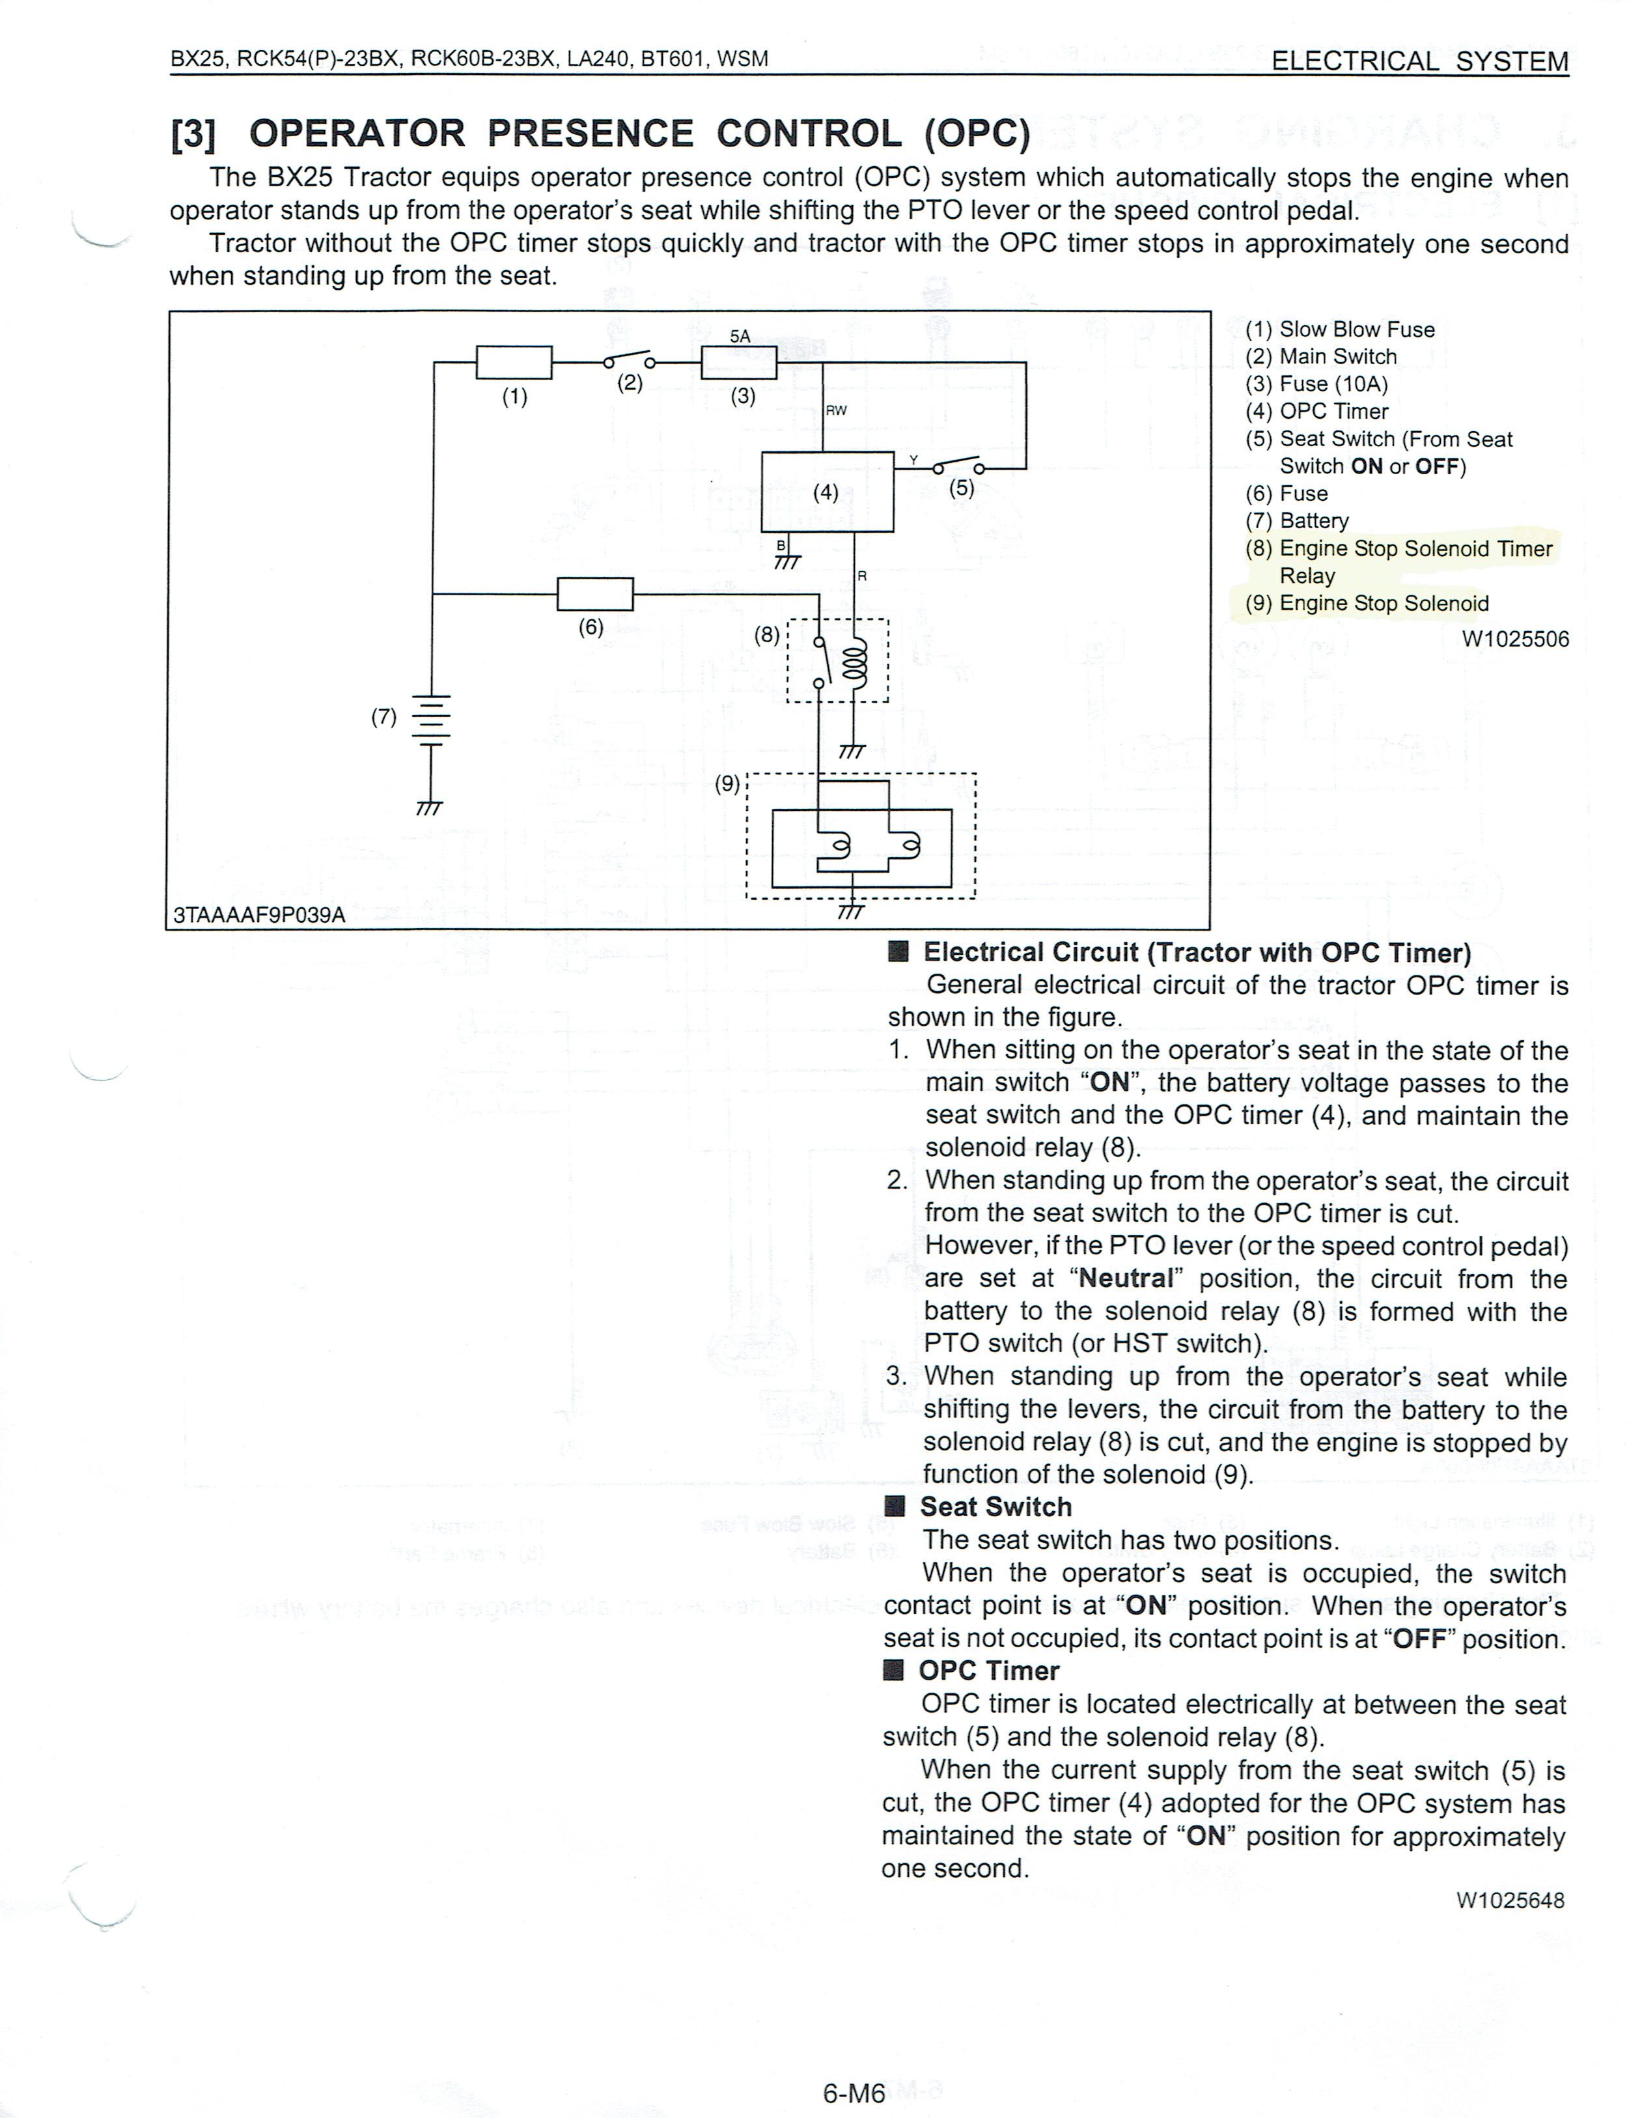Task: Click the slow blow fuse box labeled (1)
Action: point(514,363)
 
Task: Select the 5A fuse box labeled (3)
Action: point(739,363)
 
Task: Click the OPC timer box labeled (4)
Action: point(827,492)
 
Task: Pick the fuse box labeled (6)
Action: point(595,593)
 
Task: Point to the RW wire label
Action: point(836,410)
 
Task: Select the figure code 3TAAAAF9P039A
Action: point(259,914)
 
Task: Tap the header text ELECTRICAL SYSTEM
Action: point(1419,61)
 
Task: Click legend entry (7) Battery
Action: point(1298,521)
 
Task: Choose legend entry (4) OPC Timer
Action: point(1316,411)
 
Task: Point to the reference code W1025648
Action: point(1511,1900)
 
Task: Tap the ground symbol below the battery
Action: point(428,808)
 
